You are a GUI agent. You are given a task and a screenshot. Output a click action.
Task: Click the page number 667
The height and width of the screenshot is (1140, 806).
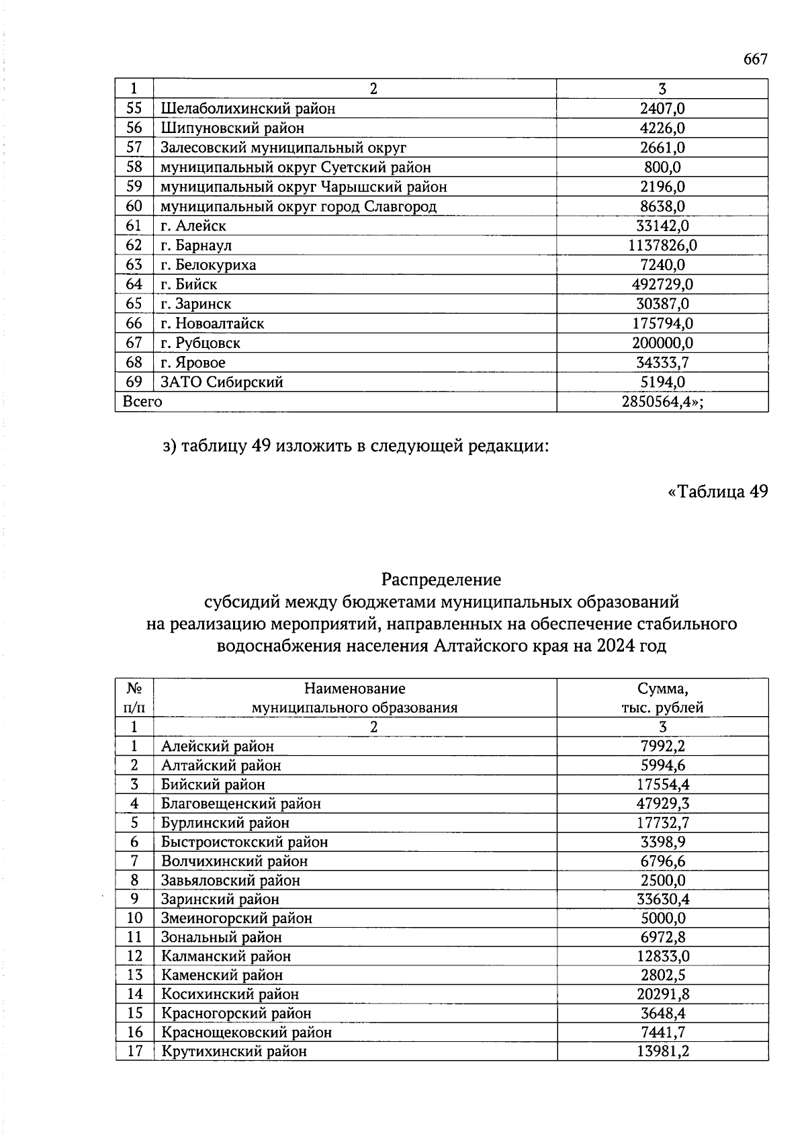(x=755, y=59)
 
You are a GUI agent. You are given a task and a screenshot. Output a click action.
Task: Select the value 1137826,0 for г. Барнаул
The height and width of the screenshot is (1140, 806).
(x=662, y=245)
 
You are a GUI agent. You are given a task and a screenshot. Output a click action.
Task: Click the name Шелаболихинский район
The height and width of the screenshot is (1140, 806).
(x=248, y=108)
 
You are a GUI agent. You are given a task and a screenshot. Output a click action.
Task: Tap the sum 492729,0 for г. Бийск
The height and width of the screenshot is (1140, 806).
(x=662, y=284)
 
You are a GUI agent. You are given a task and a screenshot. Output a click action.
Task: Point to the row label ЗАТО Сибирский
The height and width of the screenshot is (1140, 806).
(x=222, y=382)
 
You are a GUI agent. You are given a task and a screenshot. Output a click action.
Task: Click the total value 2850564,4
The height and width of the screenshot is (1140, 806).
(x=663, y=402)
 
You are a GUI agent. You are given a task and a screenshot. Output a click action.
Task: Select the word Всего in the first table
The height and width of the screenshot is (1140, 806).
(x=142, y=402)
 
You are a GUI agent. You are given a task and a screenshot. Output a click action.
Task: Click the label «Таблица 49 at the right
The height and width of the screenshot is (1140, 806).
(x=717, y=492)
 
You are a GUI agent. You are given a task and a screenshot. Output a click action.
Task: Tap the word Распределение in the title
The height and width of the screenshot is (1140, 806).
(x=441, y=578)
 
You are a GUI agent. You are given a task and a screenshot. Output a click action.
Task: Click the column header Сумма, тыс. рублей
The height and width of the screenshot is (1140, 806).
(x=662, y=697)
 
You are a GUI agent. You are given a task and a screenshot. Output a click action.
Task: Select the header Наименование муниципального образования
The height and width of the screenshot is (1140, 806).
(x=355, y=697)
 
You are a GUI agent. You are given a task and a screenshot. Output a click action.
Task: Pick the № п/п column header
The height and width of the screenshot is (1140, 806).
(x=134, y=697)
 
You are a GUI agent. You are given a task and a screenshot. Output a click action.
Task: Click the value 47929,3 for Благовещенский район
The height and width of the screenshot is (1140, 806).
(x=662, y=803)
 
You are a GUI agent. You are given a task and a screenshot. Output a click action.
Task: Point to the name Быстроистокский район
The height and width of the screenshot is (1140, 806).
(x=244, y=842)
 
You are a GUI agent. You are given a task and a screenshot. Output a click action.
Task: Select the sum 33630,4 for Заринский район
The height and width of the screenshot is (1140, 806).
(x=662, y=899)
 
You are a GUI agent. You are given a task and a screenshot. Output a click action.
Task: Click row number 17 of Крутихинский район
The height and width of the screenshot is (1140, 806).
(x=134, y=1051)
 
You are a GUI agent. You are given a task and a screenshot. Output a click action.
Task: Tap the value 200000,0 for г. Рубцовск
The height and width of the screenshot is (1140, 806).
(x=662, y=343)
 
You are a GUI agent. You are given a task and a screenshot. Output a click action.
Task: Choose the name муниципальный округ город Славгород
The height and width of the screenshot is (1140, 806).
(x=298, y=206)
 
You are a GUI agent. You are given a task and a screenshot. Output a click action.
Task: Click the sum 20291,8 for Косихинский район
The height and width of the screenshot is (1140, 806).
(x=662, y=994)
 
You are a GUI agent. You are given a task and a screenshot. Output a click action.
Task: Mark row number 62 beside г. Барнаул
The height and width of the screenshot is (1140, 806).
(x=134, y=245)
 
